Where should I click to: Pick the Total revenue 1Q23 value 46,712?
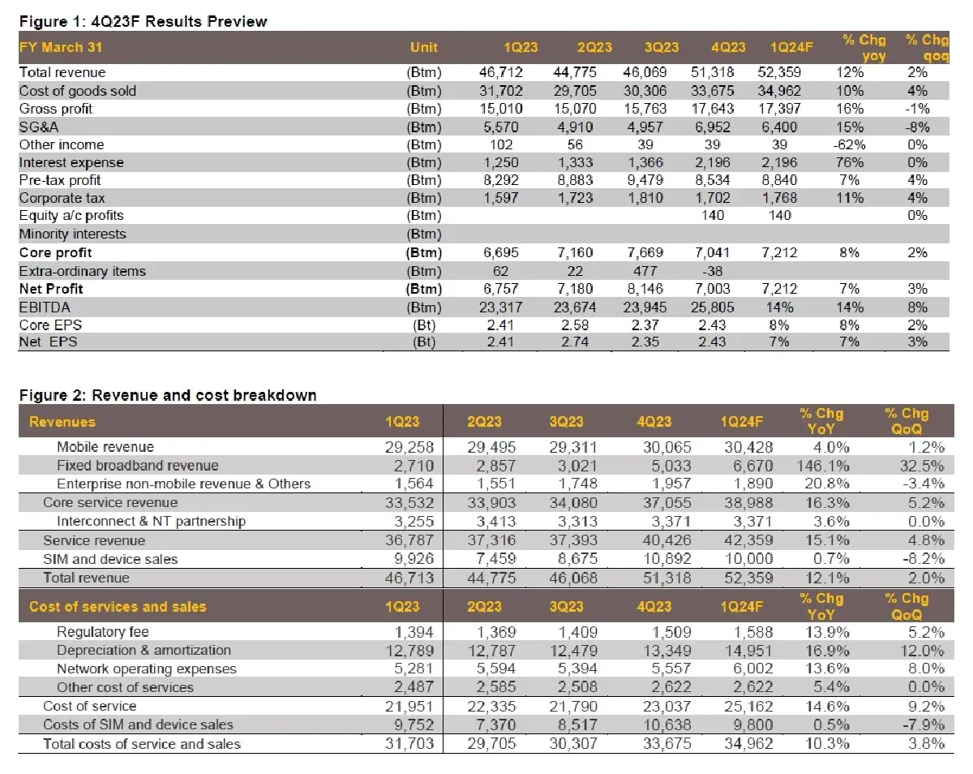[501, 73]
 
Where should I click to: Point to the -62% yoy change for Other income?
[848, 144]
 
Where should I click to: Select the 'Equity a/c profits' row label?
[71, 216]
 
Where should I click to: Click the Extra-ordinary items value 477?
[646, 271]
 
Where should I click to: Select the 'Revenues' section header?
[62, 422]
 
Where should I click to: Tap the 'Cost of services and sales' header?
[118, 606]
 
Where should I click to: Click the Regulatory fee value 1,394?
[413, 632]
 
